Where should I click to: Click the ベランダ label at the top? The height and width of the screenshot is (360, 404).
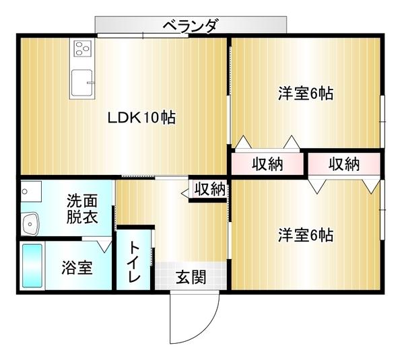tap(191, 26)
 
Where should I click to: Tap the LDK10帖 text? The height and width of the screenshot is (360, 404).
tap(142, 117)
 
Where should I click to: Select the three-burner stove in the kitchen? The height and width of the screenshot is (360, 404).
tap(82, 48)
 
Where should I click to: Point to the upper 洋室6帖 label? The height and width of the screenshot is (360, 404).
tap(306, 94)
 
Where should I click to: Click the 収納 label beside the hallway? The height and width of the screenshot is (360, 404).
tap(209, 189)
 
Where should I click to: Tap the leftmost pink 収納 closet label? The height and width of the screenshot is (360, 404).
tap(267, 164)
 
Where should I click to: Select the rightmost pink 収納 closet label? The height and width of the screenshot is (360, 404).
tap(344, 164)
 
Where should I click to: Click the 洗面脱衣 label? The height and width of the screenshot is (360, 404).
tap(81, 209)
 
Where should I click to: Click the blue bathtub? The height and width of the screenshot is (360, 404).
tap(32, 266)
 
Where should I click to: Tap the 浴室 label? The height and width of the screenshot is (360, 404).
tap(77, 266)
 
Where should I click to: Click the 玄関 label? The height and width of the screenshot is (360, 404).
tap(191, 277)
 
